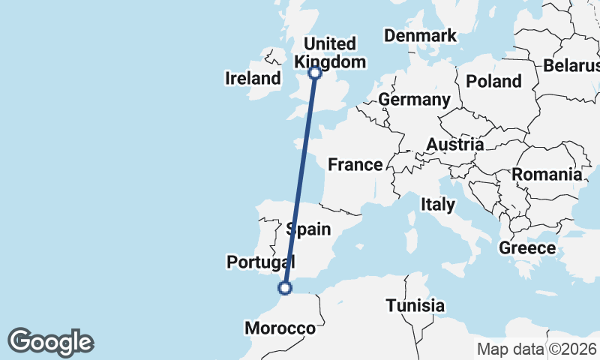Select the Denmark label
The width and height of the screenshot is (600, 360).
[420, 36]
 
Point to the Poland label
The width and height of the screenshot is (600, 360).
[493, 81]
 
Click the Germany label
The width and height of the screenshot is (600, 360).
[414, 100]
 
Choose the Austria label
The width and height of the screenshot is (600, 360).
[454, 144]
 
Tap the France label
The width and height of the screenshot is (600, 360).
[355, 164]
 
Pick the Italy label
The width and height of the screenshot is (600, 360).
[437, 204]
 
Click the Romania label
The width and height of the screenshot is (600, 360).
[547, 175]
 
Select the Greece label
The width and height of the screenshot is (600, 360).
[527, 248]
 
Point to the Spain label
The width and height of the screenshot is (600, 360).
[308, 229]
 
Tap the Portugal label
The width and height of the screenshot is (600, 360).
[260, 262]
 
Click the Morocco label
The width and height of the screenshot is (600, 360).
[280, 328]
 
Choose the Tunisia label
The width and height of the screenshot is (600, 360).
[415, 306]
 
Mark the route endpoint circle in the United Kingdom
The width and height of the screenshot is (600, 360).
[315, 73]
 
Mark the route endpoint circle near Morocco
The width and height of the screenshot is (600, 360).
[285, 287]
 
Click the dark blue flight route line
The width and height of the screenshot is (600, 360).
[300, 180]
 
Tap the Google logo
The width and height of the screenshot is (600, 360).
[50, 342]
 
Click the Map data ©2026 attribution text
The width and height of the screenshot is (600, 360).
[536, 349]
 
